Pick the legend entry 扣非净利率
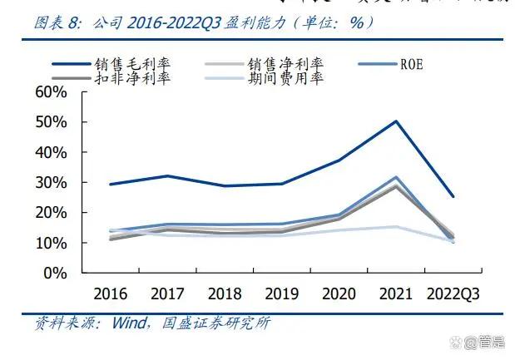tap(132, 79)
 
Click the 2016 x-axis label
tap(111, 293)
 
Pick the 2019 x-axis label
tap(283, 293)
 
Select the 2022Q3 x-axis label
tap(453, 293)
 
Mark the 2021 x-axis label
tap(396, 293)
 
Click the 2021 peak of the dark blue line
tap(396, 121)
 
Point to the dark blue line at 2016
tap(111, 184)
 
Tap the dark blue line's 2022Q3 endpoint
tap(453, 196)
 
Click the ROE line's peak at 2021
tap(396, 177)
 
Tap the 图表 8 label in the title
tap(57, 22)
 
